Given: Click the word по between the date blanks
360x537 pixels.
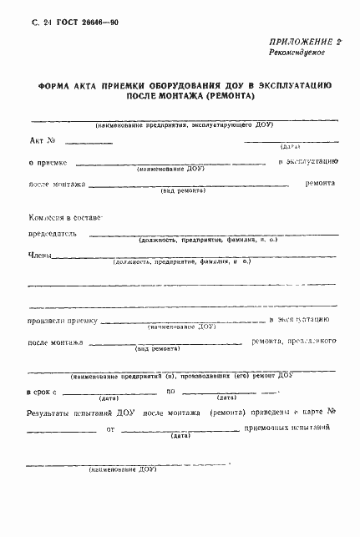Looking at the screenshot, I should click(x=170, y=390).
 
